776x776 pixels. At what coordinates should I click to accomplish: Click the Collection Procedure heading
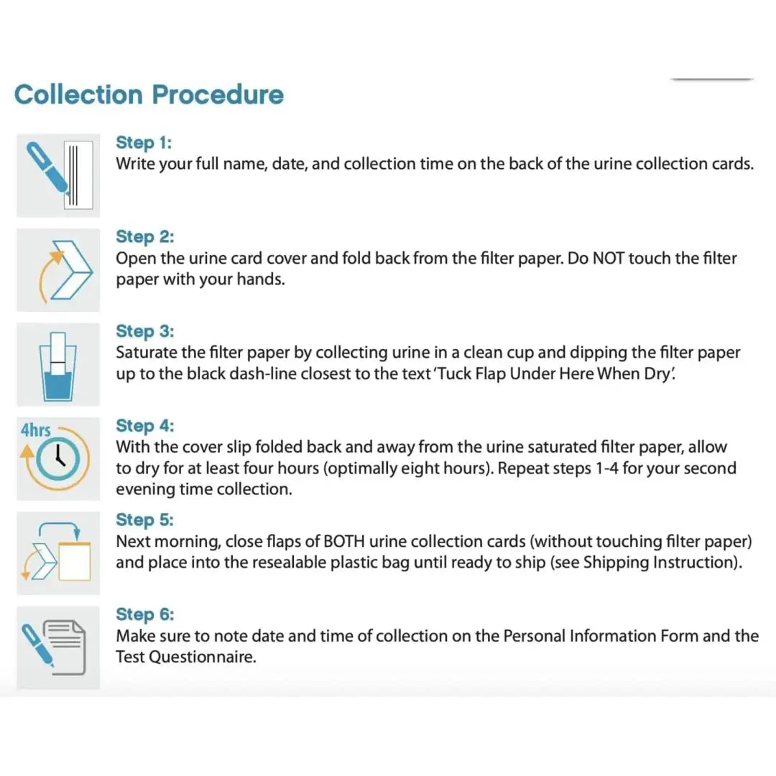click(149, 95)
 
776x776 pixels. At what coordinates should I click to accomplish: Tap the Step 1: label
click(144, 142)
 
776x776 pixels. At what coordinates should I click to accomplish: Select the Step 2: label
click(144, 236)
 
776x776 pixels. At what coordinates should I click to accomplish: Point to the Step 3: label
click(144, 331)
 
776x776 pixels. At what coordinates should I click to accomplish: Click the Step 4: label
click(144, 426)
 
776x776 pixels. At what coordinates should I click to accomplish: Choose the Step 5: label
click(144, 519)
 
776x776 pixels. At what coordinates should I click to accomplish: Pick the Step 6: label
click(144, 614)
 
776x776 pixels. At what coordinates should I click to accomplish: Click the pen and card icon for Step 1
click(57, 175)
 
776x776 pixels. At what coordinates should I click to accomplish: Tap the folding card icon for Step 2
click(57, 269)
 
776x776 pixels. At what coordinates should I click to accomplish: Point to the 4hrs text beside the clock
click(35, 430)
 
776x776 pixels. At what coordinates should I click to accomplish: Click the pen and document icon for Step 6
click(57, 647)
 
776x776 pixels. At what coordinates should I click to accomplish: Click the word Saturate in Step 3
click(147, 353)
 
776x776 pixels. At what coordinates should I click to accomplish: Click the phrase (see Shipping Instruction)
click(645, 563)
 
